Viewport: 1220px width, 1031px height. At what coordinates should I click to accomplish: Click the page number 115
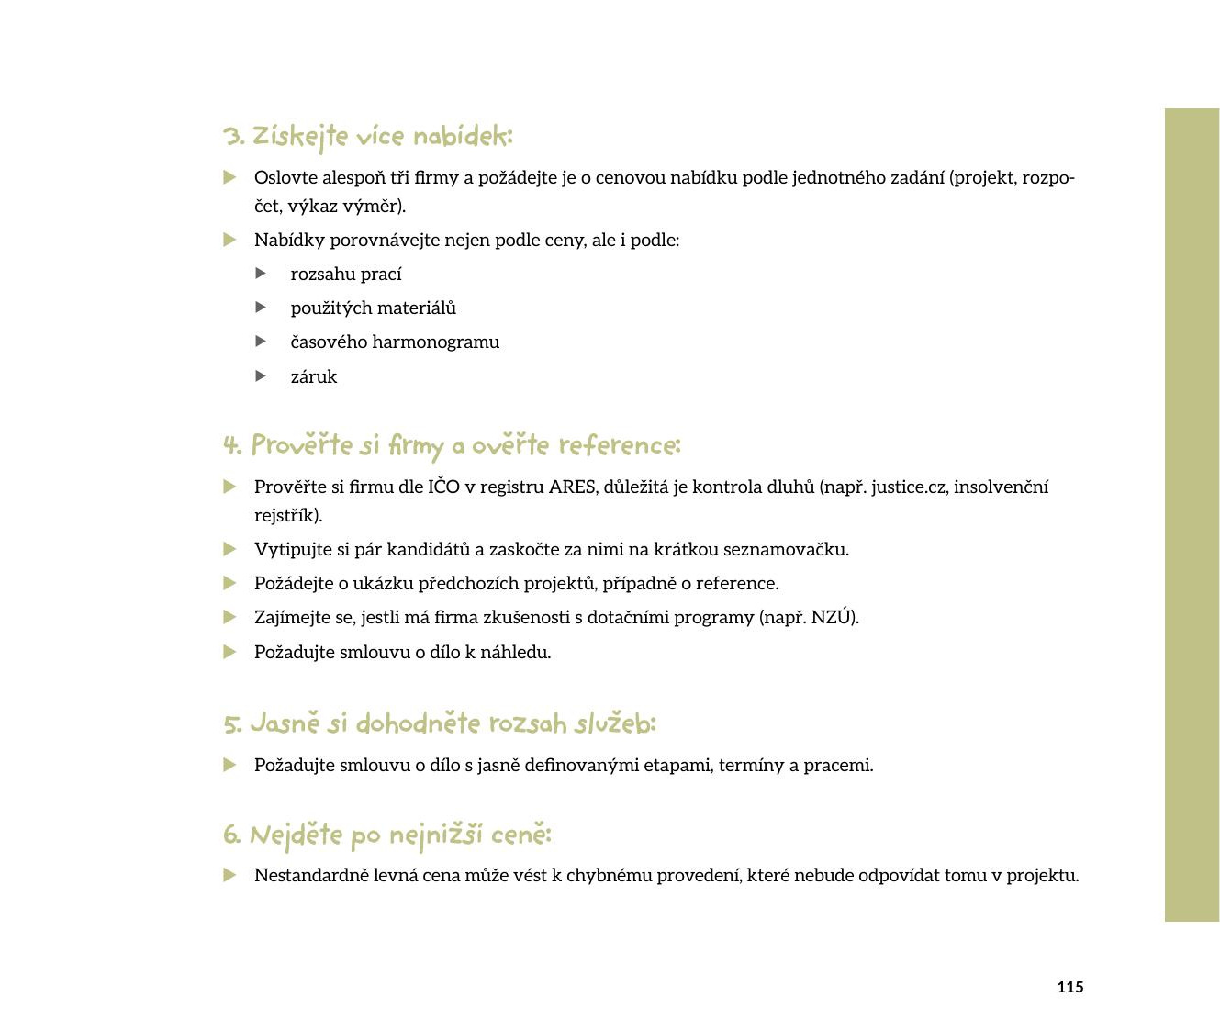coord(1069,987)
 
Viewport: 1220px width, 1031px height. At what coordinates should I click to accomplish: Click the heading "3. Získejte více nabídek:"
coord(367,137)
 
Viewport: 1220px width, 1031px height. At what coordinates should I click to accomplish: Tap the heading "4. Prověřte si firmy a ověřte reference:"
coord(451,446)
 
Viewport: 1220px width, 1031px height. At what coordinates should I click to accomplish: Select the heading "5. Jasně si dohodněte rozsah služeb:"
coord(440,723)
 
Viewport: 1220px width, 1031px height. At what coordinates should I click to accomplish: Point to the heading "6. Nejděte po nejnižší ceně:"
coord(386,835)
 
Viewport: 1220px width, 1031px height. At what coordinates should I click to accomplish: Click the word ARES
coord(572,487)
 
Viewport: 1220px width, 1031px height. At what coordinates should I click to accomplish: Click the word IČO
coord(443,487)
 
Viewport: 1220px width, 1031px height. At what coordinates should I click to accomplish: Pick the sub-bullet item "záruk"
coord(314,377)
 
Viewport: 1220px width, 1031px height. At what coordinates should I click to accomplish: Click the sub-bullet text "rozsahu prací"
coord(346,275)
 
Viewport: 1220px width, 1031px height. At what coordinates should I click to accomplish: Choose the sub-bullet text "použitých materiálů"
coord(374,308)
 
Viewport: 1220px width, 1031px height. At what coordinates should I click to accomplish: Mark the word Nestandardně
coord(311,876)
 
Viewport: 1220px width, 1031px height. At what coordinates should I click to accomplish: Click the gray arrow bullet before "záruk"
coord(261,376)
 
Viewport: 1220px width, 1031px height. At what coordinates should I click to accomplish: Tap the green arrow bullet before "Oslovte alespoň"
coord(229,177)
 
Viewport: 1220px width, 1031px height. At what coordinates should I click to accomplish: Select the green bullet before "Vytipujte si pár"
coord(229,549)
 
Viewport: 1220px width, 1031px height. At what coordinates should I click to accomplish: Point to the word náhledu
coord(515,653)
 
